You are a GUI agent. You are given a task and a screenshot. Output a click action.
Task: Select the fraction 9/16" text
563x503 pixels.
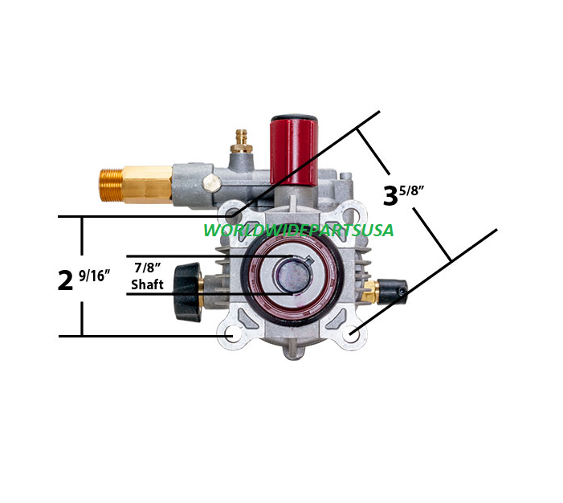pos(95,275)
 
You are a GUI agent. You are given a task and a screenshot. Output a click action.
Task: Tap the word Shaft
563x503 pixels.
pos(147,284)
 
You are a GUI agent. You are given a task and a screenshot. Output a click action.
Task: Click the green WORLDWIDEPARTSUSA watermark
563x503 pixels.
pos(298,231)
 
